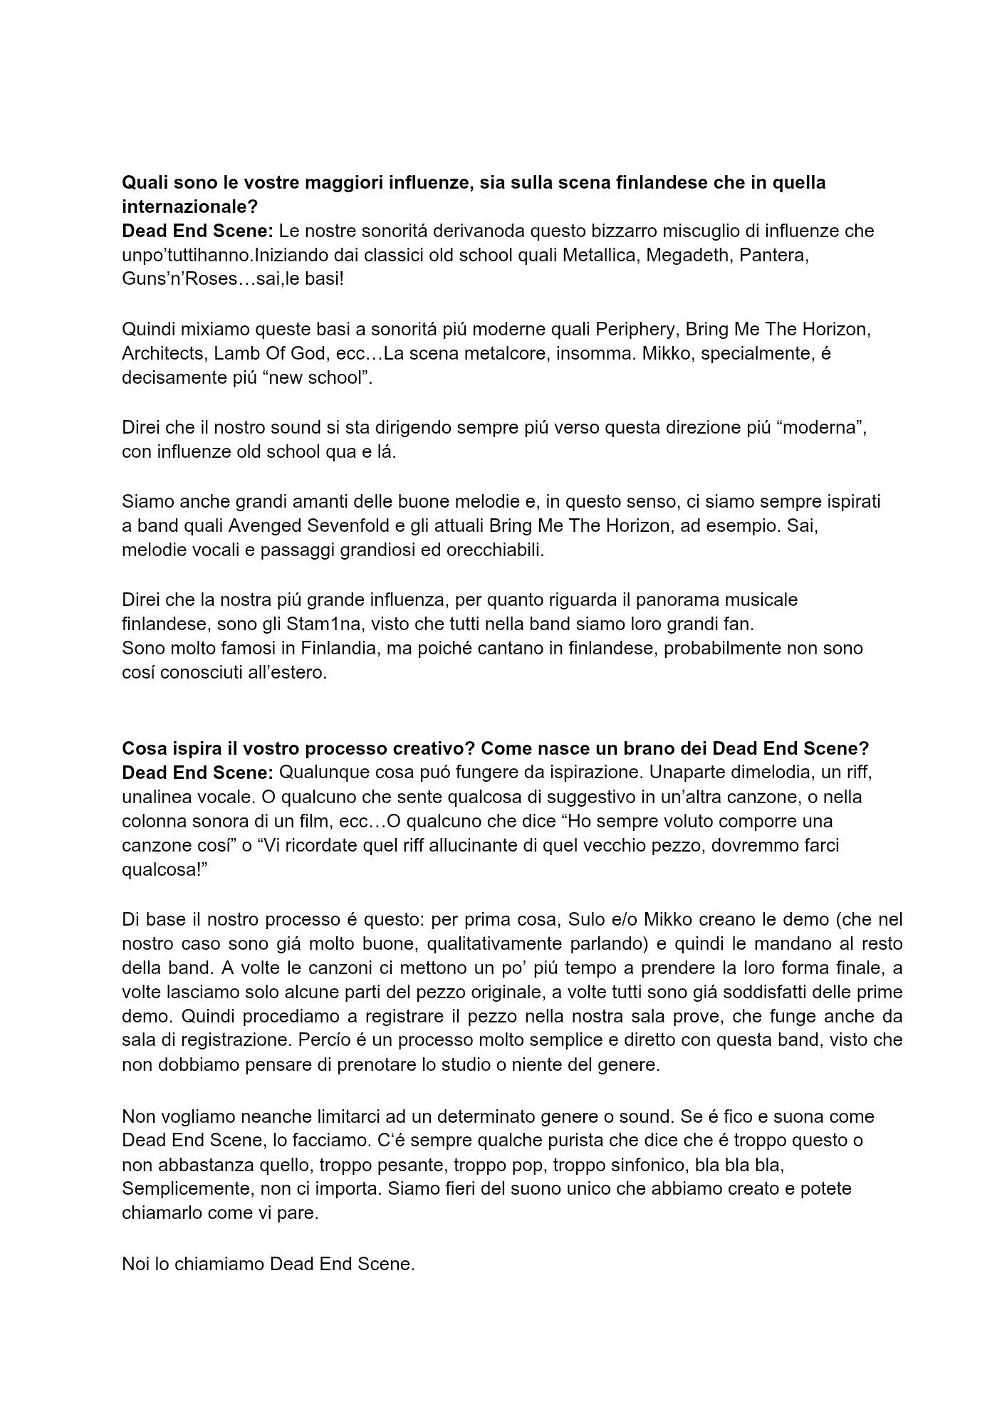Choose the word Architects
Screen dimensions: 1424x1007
pyautogui.click(x=160, y=353)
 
